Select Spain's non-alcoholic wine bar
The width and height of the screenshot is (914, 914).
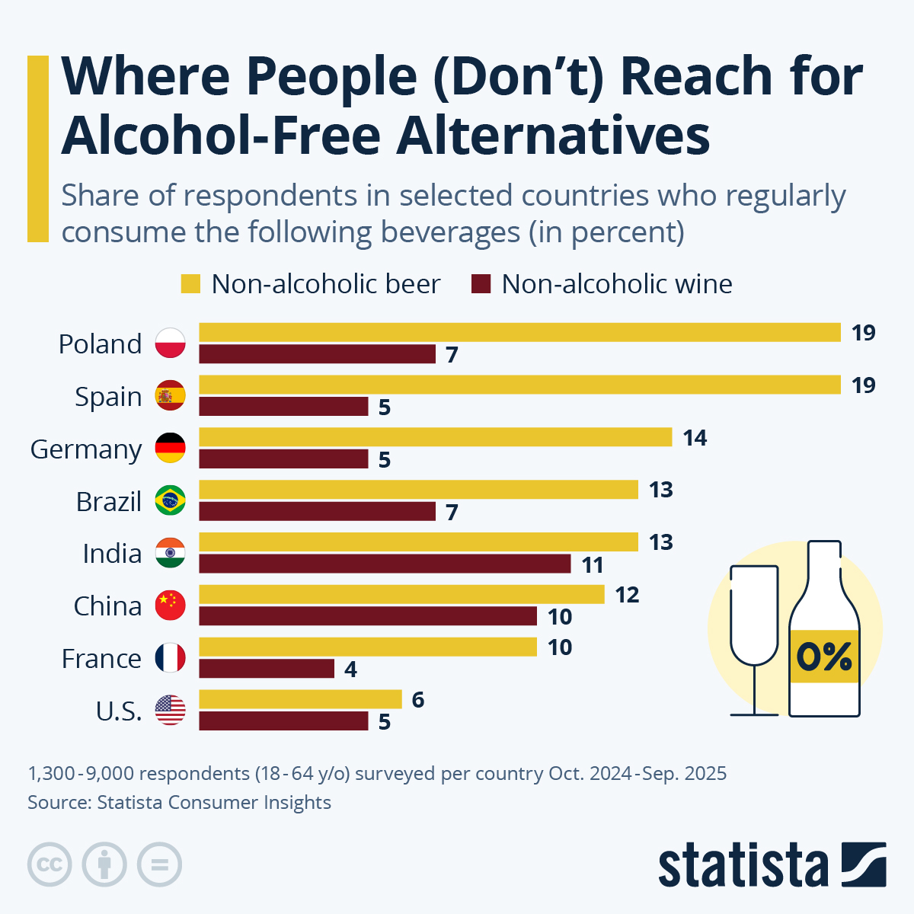(283, 407)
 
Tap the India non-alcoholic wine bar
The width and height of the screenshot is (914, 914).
(385, 564)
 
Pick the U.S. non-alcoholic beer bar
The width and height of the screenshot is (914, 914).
(300, 699)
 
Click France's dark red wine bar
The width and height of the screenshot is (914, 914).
(267, 669)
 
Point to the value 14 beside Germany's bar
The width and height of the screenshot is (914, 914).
(695, 438)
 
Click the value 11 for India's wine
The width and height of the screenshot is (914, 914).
(593, 565)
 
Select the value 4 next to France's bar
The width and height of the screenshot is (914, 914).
(350, 670)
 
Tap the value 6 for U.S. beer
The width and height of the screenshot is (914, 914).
(417, 700)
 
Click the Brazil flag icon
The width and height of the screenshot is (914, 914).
(170, 501)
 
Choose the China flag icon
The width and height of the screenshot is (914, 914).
(170, 606)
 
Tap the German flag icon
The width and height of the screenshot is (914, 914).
(170, 449)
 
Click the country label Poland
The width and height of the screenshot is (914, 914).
(100, 344)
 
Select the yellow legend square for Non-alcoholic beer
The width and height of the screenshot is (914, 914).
(190, 284)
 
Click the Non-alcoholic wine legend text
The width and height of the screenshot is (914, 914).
(616, 284)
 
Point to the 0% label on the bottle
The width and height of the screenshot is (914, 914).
(824, 657)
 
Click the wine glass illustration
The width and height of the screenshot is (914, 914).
(754, 640)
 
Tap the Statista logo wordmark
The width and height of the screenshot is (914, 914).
(743, 865)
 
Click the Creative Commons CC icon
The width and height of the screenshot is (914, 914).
(50, 865)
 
